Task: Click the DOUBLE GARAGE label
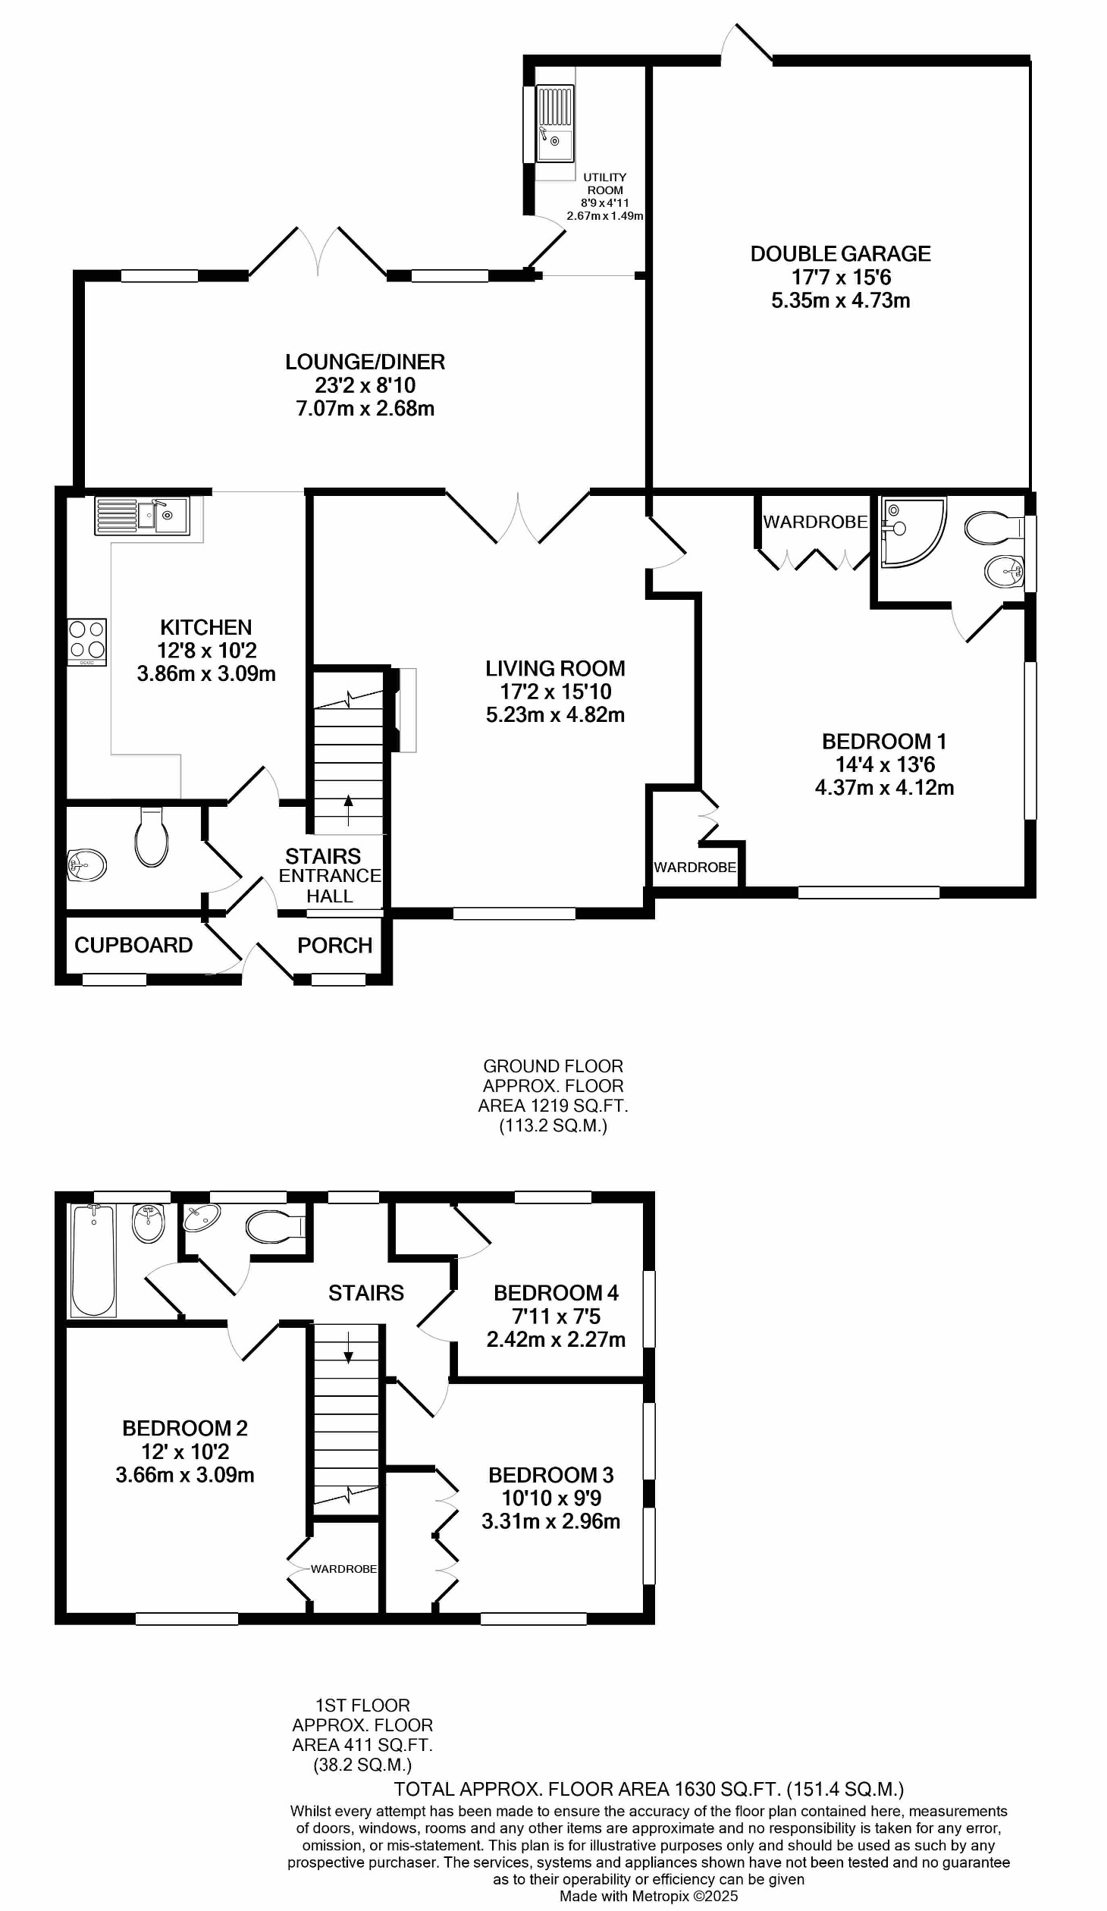click(840, 254)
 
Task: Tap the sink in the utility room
click(555, 123)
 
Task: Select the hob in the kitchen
click(87, 641)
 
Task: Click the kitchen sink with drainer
click(142, 516)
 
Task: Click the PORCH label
click(334, 946)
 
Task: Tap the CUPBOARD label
click(133, 946)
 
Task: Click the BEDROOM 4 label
click(556, 1293)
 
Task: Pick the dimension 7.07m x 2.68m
click(365, 409)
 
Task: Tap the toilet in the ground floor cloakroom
click(152, 836)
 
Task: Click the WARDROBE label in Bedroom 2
click(343, 1569)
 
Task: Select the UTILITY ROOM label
click(605, 184)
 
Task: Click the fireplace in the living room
click(404, 710)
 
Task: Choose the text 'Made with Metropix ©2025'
click(648, 1896)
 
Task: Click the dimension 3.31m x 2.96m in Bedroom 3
click(551, 1521)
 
